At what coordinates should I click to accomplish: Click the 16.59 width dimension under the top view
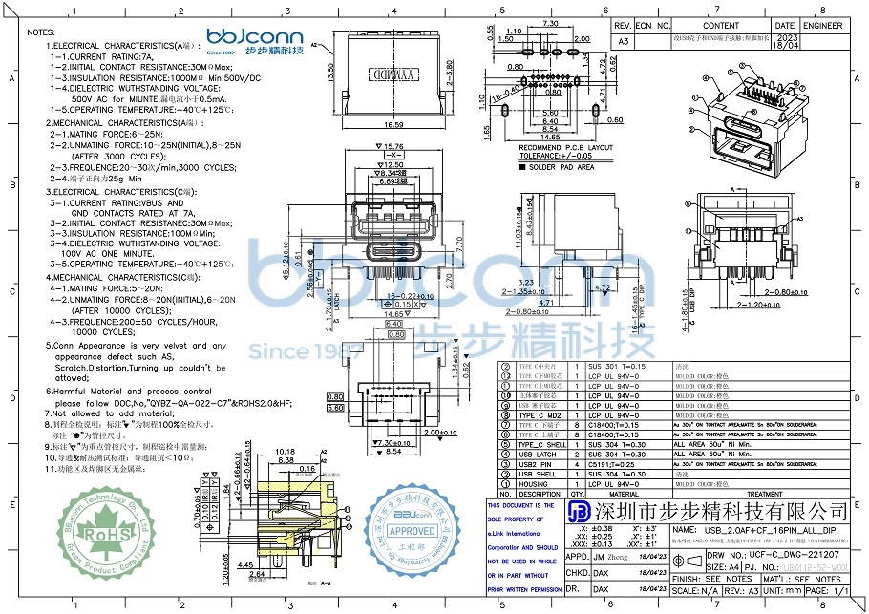pos(393,124)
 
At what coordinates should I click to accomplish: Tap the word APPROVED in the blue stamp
pos(413,531)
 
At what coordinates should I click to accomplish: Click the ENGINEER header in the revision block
pos(822,27)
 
